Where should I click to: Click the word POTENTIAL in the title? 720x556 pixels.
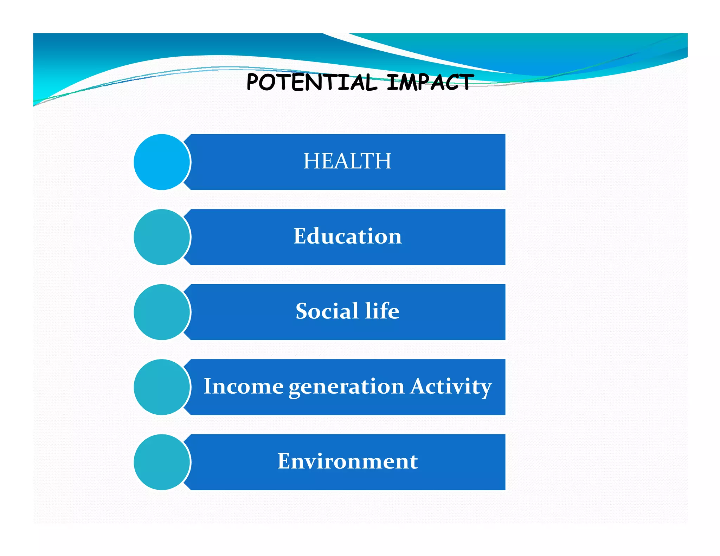311,82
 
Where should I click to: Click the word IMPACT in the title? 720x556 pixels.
430,82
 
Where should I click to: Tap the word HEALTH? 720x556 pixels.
347,161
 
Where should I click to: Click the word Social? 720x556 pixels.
327,311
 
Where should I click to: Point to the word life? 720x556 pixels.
382,311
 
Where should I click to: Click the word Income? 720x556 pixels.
243,386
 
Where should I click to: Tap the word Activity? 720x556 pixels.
451,387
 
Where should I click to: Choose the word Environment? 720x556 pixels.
347,461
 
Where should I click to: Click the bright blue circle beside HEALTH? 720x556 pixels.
162,162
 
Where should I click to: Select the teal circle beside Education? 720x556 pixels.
162,237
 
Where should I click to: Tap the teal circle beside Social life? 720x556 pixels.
162,312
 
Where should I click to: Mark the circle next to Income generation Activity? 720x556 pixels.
162,387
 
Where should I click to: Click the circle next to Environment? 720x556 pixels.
162,462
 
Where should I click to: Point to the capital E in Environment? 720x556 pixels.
285,461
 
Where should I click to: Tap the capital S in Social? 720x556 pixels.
302,311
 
